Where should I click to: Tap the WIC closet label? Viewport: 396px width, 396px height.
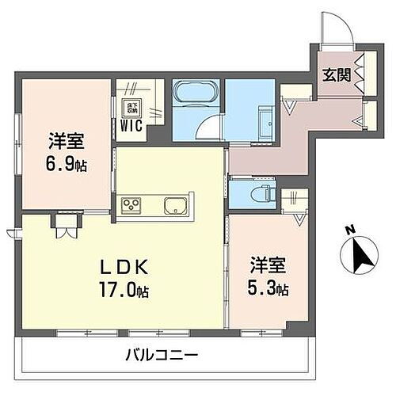(129, 124)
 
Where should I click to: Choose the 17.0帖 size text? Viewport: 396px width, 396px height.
(120, 290)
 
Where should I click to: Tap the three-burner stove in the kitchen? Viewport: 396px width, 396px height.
(131, 206)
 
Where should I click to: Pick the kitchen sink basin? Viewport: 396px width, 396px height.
(174, 207)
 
